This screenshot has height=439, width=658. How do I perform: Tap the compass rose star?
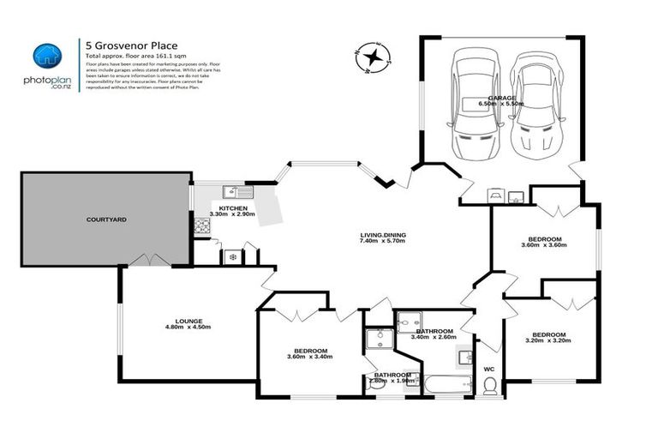click(x=374, y=57)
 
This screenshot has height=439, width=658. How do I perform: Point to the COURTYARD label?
click(x=106, y=220)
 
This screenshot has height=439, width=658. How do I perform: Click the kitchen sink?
click(x=233, y=192)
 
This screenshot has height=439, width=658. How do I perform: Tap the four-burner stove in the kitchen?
click(x=203, y=226)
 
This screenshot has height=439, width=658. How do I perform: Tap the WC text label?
click(x=489, y=369)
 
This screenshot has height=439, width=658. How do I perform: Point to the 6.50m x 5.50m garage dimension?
click(x=501, y=104)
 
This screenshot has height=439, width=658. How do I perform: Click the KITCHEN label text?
click(x=233, y=208)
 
